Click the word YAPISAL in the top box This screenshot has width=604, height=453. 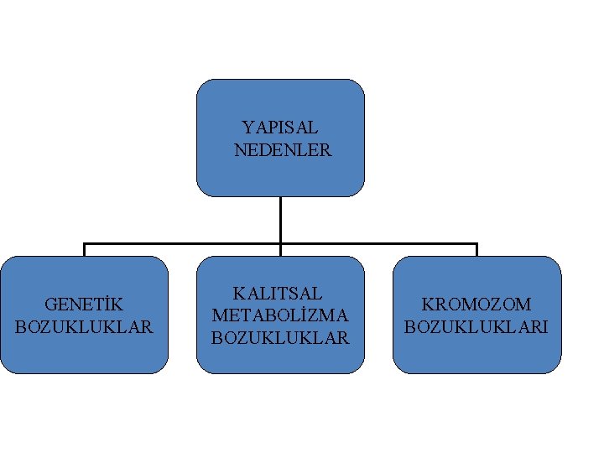click(280, 128)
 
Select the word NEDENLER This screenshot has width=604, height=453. click(283, 151)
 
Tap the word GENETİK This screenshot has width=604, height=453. click(84, 304)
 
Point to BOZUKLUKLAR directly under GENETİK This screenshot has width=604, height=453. click(84, 326)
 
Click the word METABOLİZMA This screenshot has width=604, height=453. click(280, 315)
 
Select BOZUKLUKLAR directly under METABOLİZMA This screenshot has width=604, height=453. click(280, 338)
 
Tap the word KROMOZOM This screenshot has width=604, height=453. click(476, 304)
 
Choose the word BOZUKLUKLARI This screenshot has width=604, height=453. click(476, 326)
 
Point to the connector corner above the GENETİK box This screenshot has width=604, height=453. click(85, 244)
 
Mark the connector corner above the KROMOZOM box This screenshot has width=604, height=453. click(476, 244)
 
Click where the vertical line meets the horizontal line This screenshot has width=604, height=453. click(280, 244)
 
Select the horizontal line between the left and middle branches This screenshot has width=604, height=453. click(182, 244)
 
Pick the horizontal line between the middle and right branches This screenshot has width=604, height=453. click(378, 244)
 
